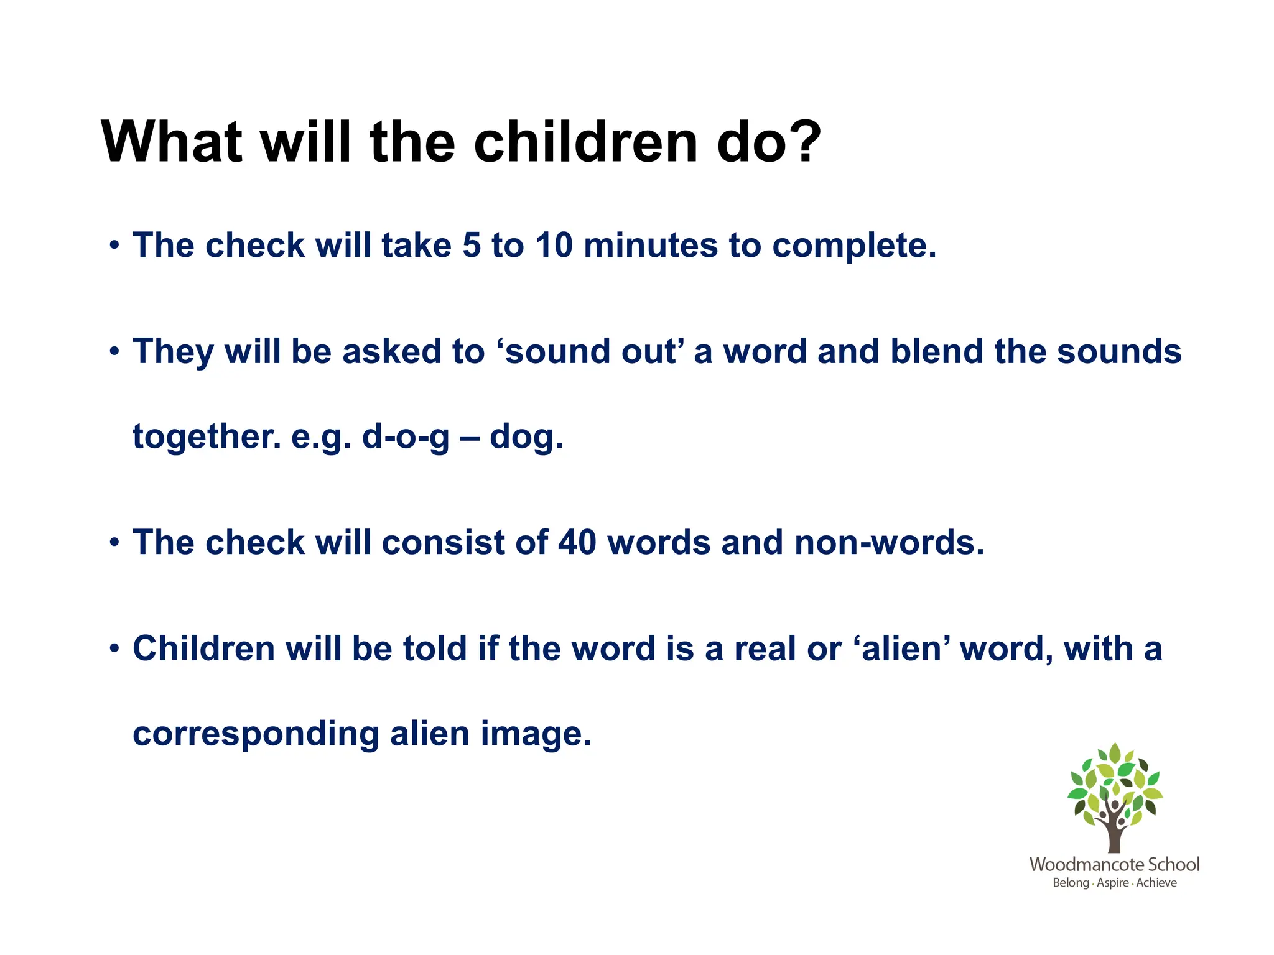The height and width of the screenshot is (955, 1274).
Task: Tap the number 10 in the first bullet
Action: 554,245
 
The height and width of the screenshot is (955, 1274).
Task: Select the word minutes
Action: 650,245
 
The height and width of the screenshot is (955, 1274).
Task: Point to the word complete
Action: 853,246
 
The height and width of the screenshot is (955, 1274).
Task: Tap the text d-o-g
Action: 405,436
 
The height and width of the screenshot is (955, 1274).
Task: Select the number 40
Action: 577,542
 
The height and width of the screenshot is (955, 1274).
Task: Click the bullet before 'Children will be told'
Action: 113,649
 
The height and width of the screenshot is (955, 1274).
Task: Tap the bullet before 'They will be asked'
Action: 113,352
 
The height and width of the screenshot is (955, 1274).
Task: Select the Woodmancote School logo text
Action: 1114,864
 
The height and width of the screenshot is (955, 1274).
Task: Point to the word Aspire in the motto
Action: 1112,883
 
